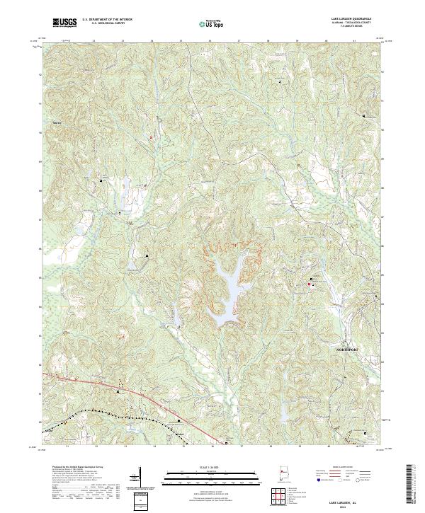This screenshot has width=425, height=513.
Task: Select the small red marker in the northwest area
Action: tap(151, 137)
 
